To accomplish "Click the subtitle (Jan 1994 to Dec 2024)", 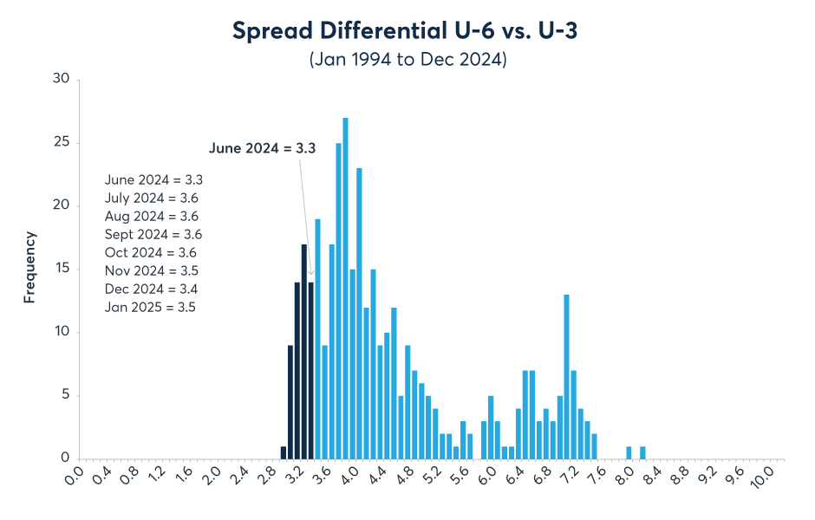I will click(x=407, y=60).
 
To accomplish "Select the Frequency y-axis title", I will click(x=29, y=266).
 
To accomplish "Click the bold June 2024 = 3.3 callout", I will click(x=262, y=148).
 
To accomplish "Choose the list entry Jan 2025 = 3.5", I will click(x=150, y=307).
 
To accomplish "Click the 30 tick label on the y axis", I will click(x=61, y=80).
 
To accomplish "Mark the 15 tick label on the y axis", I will click(x=61, y=270).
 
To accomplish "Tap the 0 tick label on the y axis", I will click(x=64, y=459).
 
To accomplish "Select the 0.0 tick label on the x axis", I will click(x=76, y=478).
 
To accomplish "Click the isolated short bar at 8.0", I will click(x=629, y=452).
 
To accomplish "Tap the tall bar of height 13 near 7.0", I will click(x=566, y=377).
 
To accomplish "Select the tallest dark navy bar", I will click(x=304, y=352).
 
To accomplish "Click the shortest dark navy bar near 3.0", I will click(x=284, y=452).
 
